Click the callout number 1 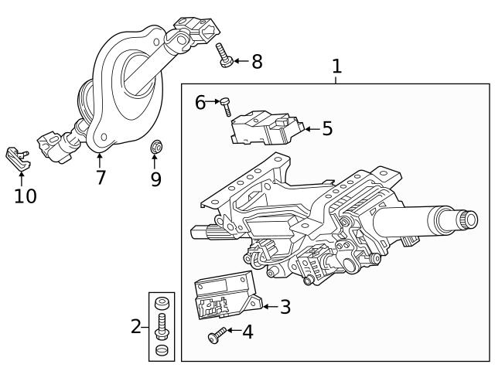coord(336,66)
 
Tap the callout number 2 coord(136,326)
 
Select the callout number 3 coord(285,307)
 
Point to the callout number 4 coord(247,332)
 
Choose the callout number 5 coord(326,128)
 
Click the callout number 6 coord(200,102)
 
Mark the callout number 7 coord(101,177)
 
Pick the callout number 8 coord(257,62)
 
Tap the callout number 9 coord(155,179)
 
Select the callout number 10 coord(25,196)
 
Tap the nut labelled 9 coord(155,146)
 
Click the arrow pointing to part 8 coord(239,61)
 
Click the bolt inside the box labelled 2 coord(162,325)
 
